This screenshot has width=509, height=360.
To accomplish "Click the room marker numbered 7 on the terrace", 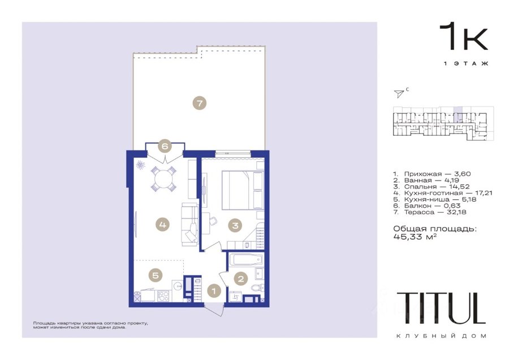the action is pyautogui.click(x=199, y=104).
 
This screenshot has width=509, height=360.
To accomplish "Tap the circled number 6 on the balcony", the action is pyautogui.click(x=165, y=146).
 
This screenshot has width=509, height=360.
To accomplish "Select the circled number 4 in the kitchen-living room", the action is pyautogui.click(x=163, y=225).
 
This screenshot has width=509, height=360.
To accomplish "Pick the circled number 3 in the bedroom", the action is pyautogui.click(x=235, y=225).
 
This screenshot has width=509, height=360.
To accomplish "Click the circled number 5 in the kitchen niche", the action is pyautogui.click(x=156, y=276).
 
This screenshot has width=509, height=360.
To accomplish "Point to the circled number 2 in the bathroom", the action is pyautogui.click(x=241, y=278).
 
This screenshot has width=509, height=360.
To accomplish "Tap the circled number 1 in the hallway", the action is pyautogui.click(x=214, y=290).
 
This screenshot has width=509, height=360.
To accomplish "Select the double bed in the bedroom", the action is pyautogui.click(x=243, y=190).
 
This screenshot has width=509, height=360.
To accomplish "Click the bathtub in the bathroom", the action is pyautogui.click(x=246, y=260).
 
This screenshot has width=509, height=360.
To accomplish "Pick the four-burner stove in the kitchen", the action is pyautogui.click(x=163, y=296).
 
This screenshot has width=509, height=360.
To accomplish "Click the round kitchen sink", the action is pyautogui.click(x=177, y=286).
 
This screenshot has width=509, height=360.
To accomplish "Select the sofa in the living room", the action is pyautogui.click(x=189, y=224).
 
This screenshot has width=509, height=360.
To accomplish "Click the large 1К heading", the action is pyautogui.click(x=464, y=36).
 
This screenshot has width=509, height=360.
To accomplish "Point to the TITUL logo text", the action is pyautogui.click(x=441, y=308).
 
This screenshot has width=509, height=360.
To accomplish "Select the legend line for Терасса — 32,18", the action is pyautogui.click(x=430, y=212).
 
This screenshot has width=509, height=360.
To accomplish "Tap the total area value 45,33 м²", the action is pyautogui.click(x=415, y=237).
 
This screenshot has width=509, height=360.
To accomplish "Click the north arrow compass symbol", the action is pyautogui.click(x=399, y=93).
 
